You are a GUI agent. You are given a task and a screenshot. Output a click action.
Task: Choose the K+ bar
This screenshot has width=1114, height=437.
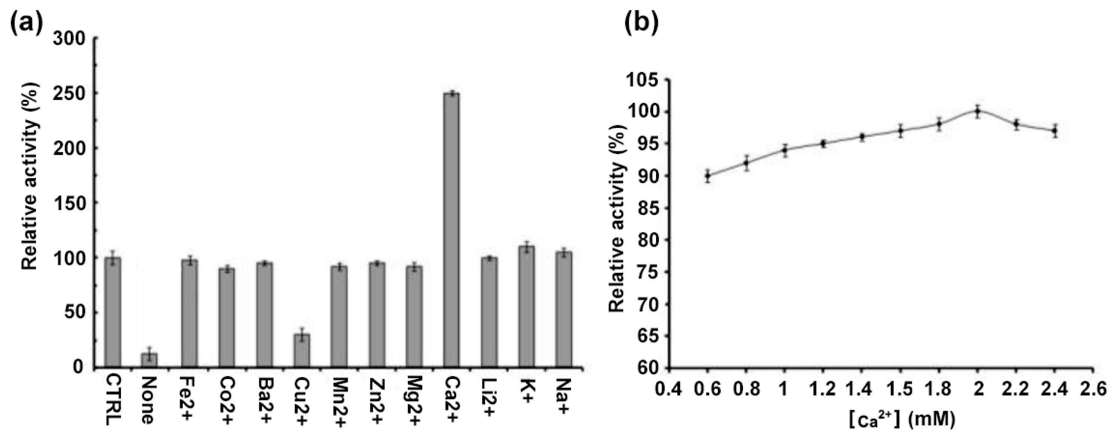click(x=526, y=306)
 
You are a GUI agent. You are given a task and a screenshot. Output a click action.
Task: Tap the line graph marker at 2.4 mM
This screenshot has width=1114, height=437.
click(x=1055, y=130)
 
